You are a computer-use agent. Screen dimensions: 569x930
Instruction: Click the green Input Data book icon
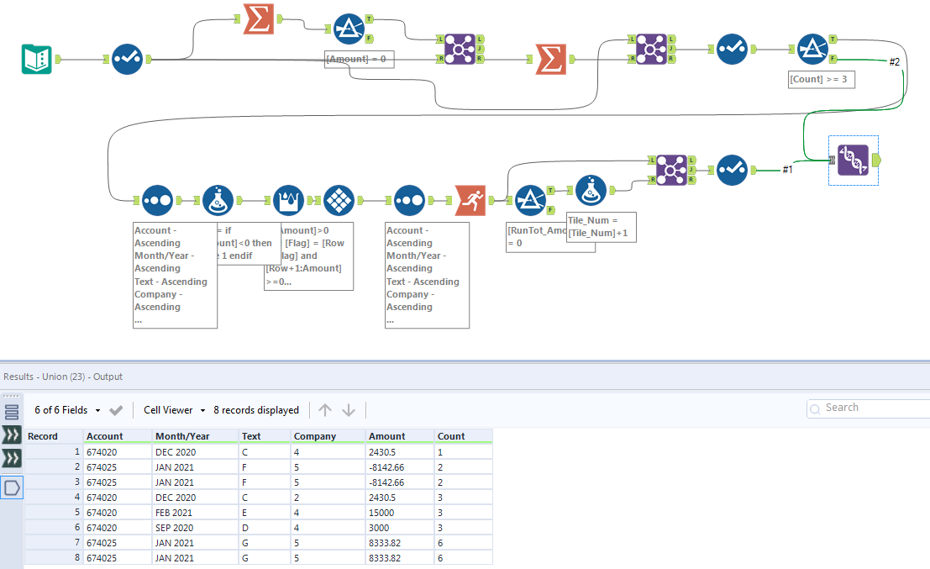point(37,59)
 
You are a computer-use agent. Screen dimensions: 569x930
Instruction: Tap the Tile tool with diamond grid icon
point(339,200)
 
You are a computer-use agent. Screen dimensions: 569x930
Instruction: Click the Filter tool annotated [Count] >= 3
point(812,50)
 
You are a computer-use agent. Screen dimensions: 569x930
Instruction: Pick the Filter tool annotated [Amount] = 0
point(349,29)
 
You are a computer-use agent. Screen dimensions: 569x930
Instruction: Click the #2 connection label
point(894,62)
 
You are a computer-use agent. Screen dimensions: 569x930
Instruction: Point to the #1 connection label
point(787,170)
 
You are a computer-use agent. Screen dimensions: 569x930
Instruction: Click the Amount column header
point(386,436)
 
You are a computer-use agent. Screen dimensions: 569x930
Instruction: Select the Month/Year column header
point(182,436)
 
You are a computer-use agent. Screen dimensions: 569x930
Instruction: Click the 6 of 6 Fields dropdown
point(67,410)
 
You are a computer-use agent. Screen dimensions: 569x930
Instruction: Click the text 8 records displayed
point(256,410)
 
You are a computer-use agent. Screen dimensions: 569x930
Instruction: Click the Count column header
point(451,436)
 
